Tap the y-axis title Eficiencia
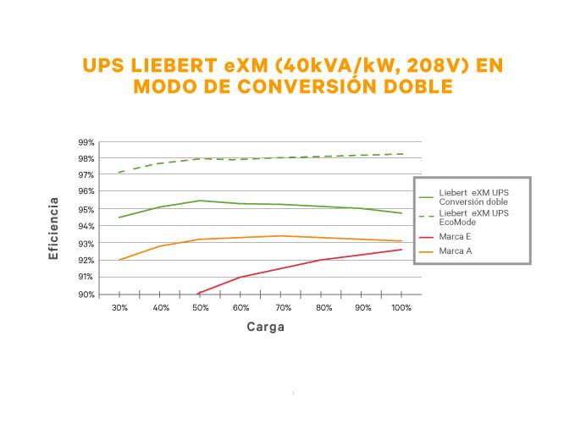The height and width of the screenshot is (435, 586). point(53,229)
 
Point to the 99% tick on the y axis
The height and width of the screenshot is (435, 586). point(86,141)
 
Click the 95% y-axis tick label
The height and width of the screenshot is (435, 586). point(86,209)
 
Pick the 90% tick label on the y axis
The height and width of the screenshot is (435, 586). point(86,295)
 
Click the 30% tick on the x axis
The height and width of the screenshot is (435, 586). point(119,307)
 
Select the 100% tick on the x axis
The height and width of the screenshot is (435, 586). point(402,307)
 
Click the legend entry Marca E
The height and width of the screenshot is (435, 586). point(456,236)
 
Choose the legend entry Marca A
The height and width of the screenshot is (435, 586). point(456,251)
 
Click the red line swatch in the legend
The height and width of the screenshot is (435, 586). point(427,236)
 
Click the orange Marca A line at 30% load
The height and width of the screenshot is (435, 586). point(119,260)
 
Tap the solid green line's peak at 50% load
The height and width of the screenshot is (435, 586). point(200,201)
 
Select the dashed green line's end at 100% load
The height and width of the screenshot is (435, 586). point(402,154)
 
